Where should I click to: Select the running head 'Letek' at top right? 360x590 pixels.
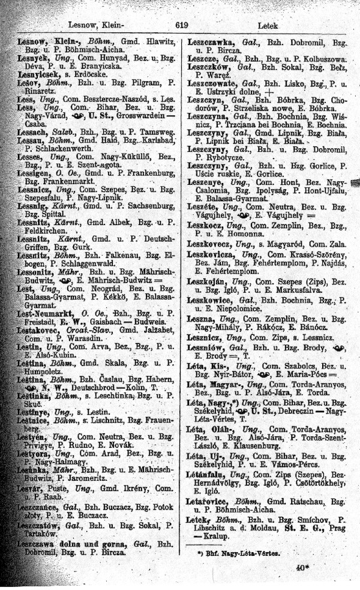coord(266,26)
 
